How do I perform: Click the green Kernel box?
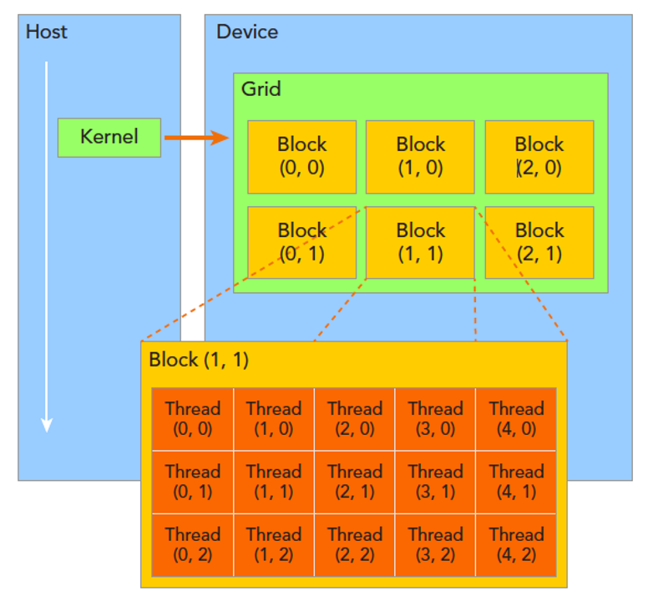pyautogui.click(x=109, y=137)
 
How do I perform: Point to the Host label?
pyautogui.click(x=47, y=33)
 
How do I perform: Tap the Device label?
pyautogui.click(x=247, y=33)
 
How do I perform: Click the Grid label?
pyautogui.click(x=261, y=88)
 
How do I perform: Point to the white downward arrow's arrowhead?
pyautogui.click(x=47, y=424)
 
